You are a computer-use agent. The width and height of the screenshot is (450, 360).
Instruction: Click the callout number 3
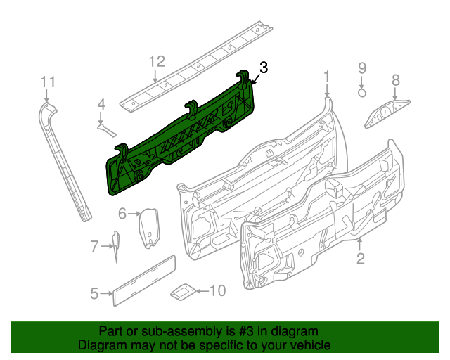(264, 68)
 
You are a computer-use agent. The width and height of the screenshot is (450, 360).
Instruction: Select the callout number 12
(156, 61)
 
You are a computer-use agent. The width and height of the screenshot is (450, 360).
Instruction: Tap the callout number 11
(47, 83)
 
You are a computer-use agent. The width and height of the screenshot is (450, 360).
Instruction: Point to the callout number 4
(101, 105)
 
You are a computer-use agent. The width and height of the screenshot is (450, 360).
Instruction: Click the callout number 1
(326, 76)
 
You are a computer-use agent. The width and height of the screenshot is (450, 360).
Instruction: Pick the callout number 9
(362, 68)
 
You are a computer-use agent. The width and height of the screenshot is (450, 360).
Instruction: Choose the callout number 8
(395, 80)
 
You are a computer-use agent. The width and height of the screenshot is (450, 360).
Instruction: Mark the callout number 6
(122, 213)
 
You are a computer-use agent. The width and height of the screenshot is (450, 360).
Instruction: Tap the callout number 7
(94, 246)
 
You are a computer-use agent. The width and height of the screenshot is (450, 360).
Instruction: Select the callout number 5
(94, 294)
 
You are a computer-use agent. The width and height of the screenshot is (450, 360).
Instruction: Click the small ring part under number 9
(361, 91)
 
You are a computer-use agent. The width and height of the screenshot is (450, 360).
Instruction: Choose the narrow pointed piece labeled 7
(115, 246)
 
